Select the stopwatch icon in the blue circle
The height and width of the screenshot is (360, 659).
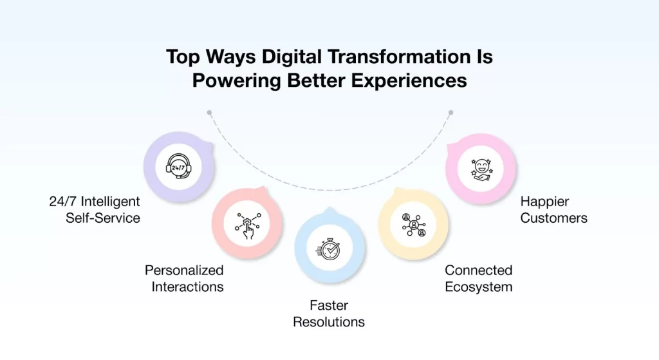pyautogui.click(x=329, y=248)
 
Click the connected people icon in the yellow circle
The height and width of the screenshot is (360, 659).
pyautogui.click(x=413, y=225)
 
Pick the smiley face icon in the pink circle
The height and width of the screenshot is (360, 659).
pyautogui.click(x=481, y=169)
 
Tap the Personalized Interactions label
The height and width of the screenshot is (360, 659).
pyautogui.click(x=184, y=278)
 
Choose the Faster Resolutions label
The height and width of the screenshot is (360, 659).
pyautogui.click(x=329, y=314)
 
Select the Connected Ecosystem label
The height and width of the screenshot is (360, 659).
pyautogui.click(x=478, y=278)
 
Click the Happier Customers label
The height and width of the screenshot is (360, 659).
pyautogui.click(x=553, y=210)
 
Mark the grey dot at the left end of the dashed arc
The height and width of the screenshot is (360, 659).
pyautogui.click(x=209, y=112)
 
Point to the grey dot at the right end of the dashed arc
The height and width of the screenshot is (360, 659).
pyautogui.click(x=450, y=112)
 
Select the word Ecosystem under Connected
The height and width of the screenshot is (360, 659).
pyautogui.click(x=478, y=287)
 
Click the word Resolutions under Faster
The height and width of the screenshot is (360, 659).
pyautogui.click(x=329, y=321)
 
